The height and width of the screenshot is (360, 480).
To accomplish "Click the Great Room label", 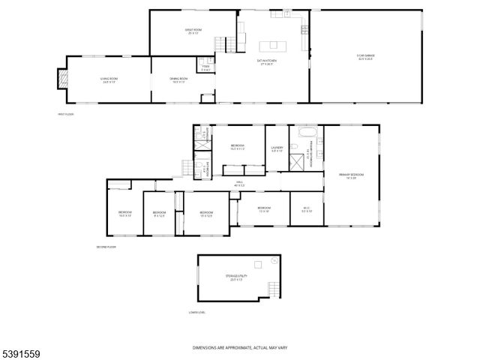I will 193,31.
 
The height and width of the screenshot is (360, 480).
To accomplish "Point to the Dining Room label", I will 178,79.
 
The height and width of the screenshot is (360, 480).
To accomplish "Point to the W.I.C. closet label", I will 307,209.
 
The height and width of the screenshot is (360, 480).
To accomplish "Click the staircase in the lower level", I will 276,289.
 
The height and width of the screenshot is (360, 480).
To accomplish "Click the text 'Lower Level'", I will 197,312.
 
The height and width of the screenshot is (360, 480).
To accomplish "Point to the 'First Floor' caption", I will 66,114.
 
